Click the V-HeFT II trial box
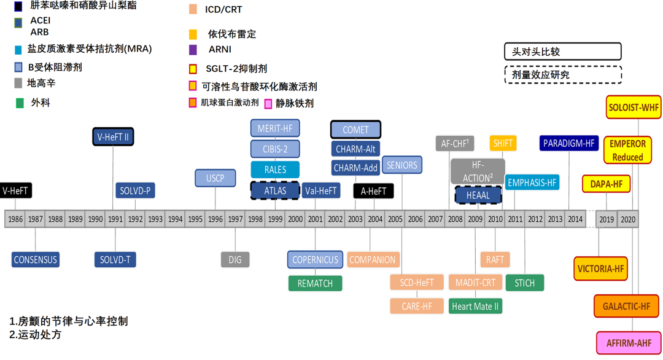pyautogui.click(x=113, y=136)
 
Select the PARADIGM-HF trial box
pyautogui.click(x=569, y=143)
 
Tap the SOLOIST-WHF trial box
pyautogui.click(x=633, y=107)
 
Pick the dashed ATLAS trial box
pyautogui.click(x=274, y=190)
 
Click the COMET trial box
pyautogui.click(x=355, y=130)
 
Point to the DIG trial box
pyautogui.click(x=235, y=259)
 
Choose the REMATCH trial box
pyautogui.click(x=315, y=283)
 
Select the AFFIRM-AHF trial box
pyautogui.click(x=629, y=343)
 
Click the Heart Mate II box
pyautogui.click(x=475, y=306)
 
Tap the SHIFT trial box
pyautogui.click(x=503, y=143)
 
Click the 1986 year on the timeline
pyautogui.click(x=15, y=219)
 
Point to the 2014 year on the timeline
pyautogui.click(x=575, y=219)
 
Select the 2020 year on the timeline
pyautogui.click(x=628, y=219)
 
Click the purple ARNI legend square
pyautogui.click(x=193, y=50)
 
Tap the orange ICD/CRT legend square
pyautogui.click(x=193, y=9)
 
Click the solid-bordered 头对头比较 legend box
pyautogui.click(x=562, y=52)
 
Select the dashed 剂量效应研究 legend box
pyautogui.click(x=562, y=74)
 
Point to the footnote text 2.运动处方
pyautogui.click(x=36, y=335)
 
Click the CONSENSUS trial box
pyautogui.click(x=35, y=259)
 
